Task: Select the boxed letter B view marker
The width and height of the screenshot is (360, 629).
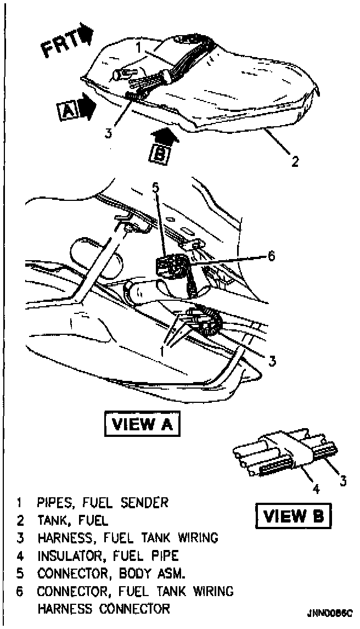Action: pyautogui.click(x=159, y=153)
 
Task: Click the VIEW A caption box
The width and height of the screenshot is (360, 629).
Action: pyautogui.click(x=142, y=424)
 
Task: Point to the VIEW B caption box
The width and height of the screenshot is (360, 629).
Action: pyautogui.click(x=293, y=516)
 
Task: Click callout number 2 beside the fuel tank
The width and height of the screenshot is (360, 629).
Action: pyautogui.click(x=295, y=162)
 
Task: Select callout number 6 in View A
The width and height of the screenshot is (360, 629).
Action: pyautogui.click(x=271, y=256)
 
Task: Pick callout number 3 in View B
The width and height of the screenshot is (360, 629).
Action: pyautogui.click(x=343, y=481)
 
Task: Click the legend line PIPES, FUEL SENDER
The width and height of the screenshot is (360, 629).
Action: pyautogui.click(x=103, y=502)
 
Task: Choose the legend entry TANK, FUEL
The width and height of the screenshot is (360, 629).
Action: pyautogui.click(x=72, y=520)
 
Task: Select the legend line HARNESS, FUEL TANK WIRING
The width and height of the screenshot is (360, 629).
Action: pyautogui.click(x=127, y=538)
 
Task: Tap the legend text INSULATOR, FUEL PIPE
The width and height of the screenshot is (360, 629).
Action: pyautogui.click(x=108, y=555)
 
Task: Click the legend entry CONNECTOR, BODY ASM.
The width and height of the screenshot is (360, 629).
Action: pyautogui.click(x=111, y=574)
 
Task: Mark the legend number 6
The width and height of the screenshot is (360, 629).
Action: pyautogui.click(x=20, y=591)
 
